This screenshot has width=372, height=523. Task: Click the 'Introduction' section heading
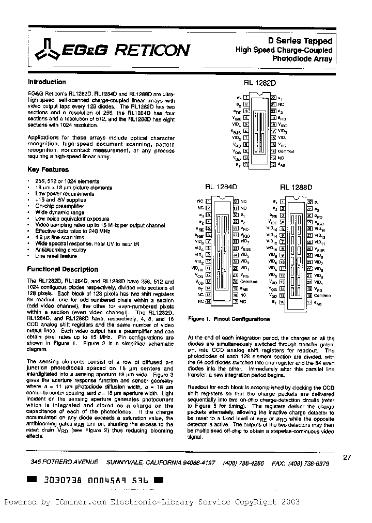click(x=47, y=82)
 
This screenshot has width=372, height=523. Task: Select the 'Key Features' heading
click(x=48, y=170)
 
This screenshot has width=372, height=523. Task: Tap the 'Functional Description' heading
click(x=63, y=269)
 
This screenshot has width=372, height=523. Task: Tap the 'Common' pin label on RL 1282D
click(x=286, y=152)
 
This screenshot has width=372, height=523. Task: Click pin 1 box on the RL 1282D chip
click(x=246, y=97)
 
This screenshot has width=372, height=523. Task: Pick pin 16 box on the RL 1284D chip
click(x=208, y=301)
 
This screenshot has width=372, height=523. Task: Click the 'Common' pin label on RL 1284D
click(x=249, y=282)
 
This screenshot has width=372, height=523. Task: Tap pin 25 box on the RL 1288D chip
click(x=309, y=249)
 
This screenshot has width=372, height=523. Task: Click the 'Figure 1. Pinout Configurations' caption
click(x=229, y=319)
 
